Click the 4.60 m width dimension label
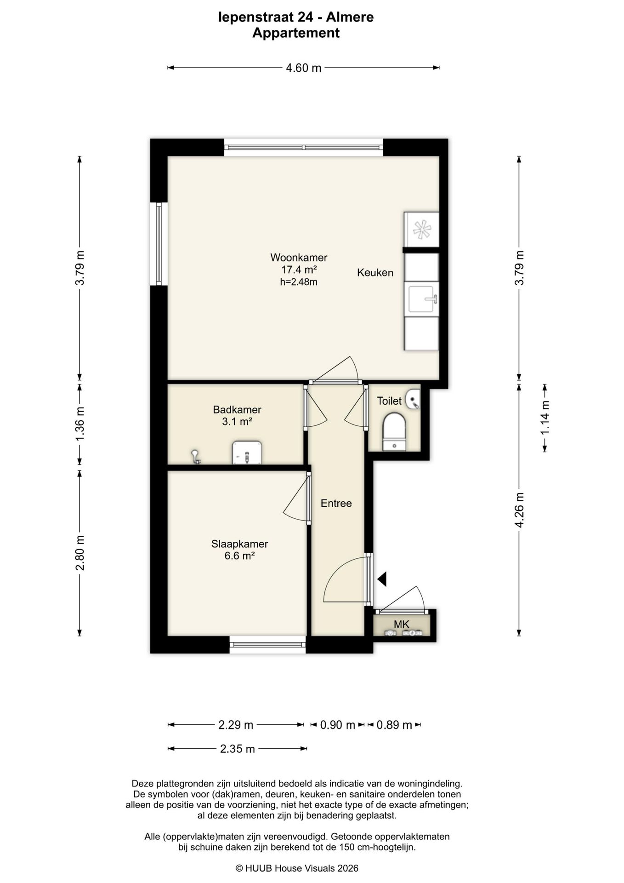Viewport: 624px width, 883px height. pos(303,68)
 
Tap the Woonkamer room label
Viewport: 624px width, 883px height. pos(299,258)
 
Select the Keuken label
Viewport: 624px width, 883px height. pos(375,273)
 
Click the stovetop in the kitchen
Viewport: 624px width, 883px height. pos(421,229)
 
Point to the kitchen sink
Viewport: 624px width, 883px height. pos(421,299)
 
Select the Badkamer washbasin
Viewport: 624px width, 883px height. pos(247,453)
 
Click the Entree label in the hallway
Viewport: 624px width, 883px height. pos(336,504)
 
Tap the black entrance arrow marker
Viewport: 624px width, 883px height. pos(382,579)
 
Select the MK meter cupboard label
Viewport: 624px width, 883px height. pos(402,624)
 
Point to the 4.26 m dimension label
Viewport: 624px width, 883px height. pos(519,510)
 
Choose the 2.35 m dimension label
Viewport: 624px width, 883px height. pos(237,749)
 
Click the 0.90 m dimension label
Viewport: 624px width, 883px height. pos(338,725)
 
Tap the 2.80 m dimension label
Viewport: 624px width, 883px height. pos(80,553)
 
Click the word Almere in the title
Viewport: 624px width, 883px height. pos(351,17)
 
